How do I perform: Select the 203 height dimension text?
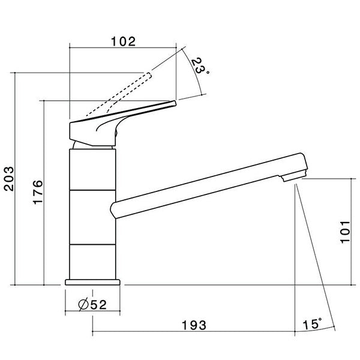click(x=9, y=178)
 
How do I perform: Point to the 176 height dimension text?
click(x=37, y=192)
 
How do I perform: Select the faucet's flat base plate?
click(x=92, y=281)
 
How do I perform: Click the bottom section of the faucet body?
click(x=92, y=261)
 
